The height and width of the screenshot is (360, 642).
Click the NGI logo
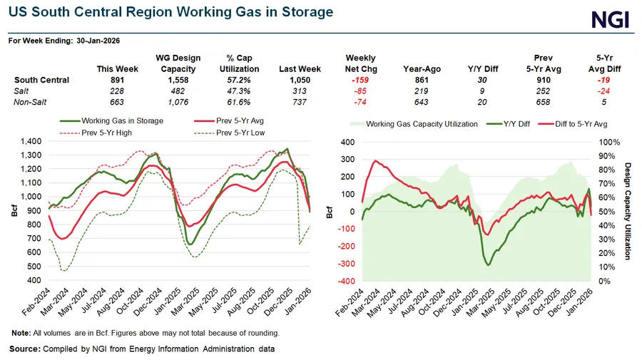[611, 19]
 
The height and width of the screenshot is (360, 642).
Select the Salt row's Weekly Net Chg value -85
[360, 92]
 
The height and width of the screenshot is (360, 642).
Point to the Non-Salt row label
[30, 103]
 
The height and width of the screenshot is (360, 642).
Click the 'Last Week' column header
[300, 69]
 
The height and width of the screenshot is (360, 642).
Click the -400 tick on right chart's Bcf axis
[345, 281]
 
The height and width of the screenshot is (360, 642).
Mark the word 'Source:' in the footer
[25, 349]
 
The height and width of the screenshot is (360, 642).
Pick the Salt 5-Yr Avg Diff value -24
[604, 92]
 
